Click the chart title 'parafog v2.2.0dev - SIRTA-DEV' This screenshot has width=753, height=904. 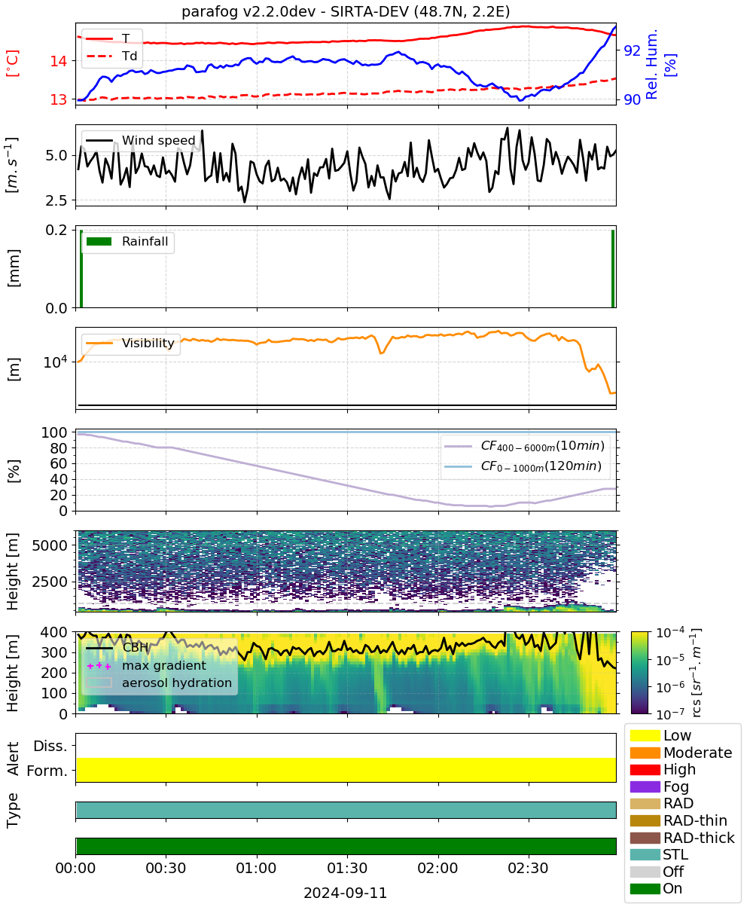pos(294,11)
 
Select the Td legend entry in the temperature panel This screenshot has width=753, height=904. pos(112,56)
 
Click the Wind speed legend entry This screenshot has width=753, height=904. pos(141,140)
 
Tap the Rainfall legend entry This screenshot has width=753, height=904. pos(127,241)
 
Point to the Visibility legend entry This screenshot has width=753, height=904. pos(130,343)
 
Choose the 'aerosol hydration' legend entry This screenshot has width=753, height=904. pos(159,683)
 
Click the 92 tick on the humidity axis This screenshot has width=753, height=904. pos(632,50)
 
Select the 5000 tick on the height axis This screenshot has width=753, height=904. pos(50,545)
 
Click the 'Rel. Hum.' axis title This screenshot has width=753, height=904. pos(651,65)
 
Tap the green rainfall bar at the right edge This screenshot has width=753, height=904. pos(613,268)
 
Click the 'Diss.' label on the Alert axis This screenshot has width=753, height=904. pos(50,746)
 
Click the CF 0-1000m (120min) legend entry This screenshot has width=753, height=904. pos(523,466)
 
